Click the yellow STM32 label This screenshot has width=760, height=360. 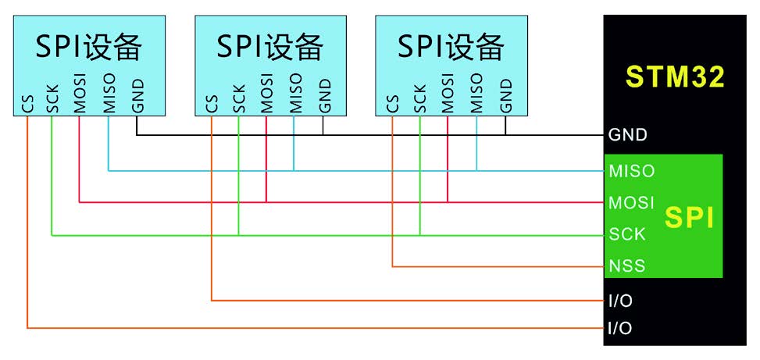[x=676, y=77]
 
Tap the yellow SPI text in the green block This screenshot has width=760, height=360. [x=690, y=218]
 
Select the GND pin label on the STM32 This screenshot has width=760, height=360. [x=627, y=135]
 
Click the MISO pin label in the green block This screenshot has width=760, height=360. [x=631, y=170]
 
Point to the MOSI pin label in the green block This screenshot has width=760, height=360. [x=631, y=202]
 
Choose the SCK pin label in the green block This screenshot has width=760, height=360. [x=627, y=233]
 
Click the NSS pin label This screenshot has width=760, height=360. [x=627, y=266]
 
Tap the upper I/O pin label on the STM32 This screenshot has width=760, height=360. [x=620, y=300]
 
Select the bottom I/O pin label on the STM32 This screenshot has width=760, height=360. [x=620, y=329]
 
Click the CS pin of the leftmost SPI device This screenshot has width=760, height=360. [x=28, y=104]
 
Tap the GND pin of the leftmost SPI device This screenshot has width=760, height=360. [x=137, y=97]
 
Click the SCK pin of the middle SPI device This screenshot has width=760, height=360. [x=238, y=100]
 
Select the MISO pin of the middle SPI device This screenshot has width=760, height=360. [x=294, y=94]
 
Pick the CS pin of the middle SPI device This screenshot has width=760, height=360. [x=211, y=104]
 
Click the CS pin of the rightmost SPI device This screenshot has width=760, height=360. [x=393, y=104]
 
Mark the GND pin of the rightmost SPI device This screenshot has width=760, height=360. [x=505, y=97]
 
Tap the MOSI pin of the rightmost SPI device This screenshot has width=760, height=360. [x=448, y=94]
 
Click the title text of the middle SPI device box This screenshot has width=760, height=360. [x=270, y=47]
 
